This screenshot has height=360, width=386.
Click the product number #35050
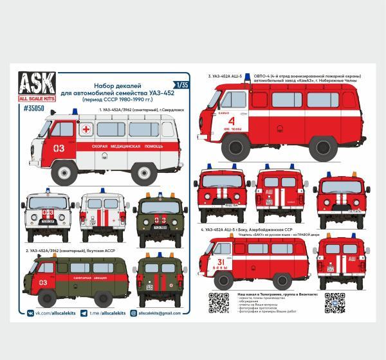pos(43,108)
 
